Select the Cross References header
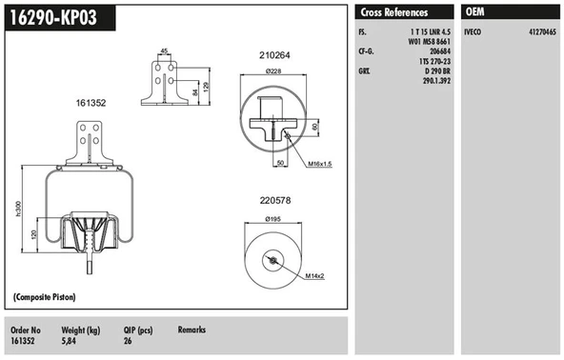[394, 12]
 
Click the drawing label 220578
[274, 202]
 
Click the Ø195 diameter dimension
[274, 220]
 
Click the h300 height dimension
[20, 209]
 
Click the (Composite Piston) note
[47, 299]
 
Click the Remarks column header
[191, 329]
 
